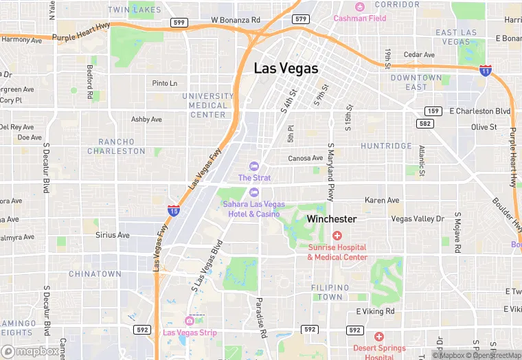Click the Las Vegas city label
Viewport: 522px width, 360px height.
point(286,69)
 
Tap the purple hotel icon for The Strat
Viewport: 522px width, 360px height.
point(254,166)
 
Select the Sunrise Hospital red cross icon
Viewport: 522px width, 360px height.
point(337,236)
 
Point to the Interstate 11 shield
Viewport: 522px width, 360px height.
point(485,71)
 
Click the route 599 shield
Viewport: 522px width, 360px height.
point(179,23)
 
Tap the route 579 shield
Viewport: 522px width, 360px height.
point(300,19)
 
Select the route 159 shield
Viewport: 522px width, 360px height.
point(433,111)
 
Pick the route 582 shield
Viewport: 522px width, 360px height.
point(424,123)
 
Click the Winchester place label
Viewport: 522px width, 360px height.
point(332,219)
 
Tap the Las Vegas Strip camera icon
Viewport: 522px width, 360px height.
point(190,321)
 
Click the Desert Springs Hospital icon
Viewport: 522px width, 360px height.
point(378,337)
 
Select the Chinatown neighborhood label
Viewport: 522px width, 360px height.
point(95,274)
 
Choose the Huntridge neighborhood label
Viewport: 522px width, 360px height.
point(386,146)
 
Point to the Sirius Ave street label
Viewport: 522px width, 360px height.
point(113,235)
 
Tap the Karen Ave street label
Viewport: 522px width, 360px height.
point(382,201)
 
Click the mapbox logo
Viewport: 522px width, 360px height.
point(30,351)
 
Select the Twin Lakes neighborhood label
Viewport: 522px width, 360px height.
point(135,10)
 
